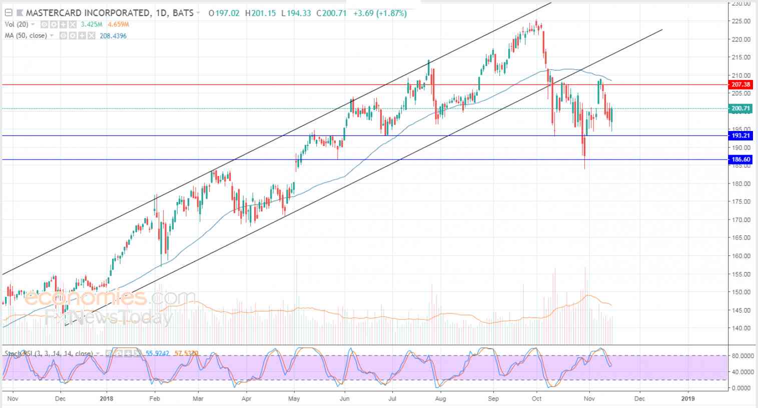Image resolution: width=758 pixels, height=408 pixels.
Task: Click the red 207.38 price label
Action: (x=741, y=85)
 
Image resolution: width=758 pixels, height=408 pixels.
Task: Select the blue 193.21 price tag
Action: (x=741, y=135)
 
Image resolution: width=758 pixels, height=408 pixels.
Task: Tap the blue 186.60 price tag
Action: (x=741, y=159)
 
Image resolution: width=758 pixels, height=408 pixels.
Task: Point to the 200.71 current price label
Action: (x=741, y=108)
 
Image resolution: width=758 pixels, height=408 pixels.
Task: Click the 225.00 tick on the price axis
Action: (x=741, y=21)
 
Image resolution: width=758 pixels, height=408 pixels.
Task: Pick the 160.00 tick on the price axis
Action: (x=741, y=256)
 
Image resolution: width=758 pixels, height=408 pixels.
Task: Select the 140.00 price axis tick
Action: (x=741, y=328)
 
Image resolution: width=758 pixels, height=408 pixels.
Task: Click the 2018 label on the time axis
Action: (x=107, y=398)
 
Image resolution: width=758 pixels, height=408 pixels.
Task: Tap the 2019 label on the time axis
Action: (x=688, y=398)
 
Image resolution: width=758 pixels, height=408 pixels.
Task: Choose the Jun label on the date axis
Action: (x=344, y=398)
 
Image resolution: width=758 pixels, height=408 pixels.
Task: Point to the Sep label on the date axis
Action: (x=493, y=398)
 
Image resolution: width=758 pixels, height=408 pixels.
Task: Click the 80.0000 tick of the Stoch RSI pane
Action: (x=742, y=356)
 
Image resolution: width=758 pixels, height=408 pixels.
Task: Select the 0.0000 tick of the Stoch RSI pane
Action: (x=742, y=388)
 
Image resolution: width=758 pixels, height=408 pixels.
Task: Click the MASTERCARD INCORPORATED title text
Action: (x=88, y=13)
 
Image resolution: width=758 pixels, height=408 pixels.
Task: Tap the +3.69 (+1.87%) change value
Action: (x=380, y=13)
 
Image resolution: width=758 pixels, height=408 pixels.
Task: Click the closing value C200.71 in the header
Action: (x=331, y=13)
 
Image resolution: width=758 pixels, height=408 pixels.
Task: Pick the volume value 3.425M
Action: (x=92, y=24)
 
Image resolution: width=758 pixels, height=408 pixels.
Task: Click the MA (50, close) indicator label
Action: (x=26, y=36)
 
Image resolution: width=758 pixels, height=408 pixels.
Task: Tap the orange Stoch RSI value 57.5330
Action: (x=186, y=353)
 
